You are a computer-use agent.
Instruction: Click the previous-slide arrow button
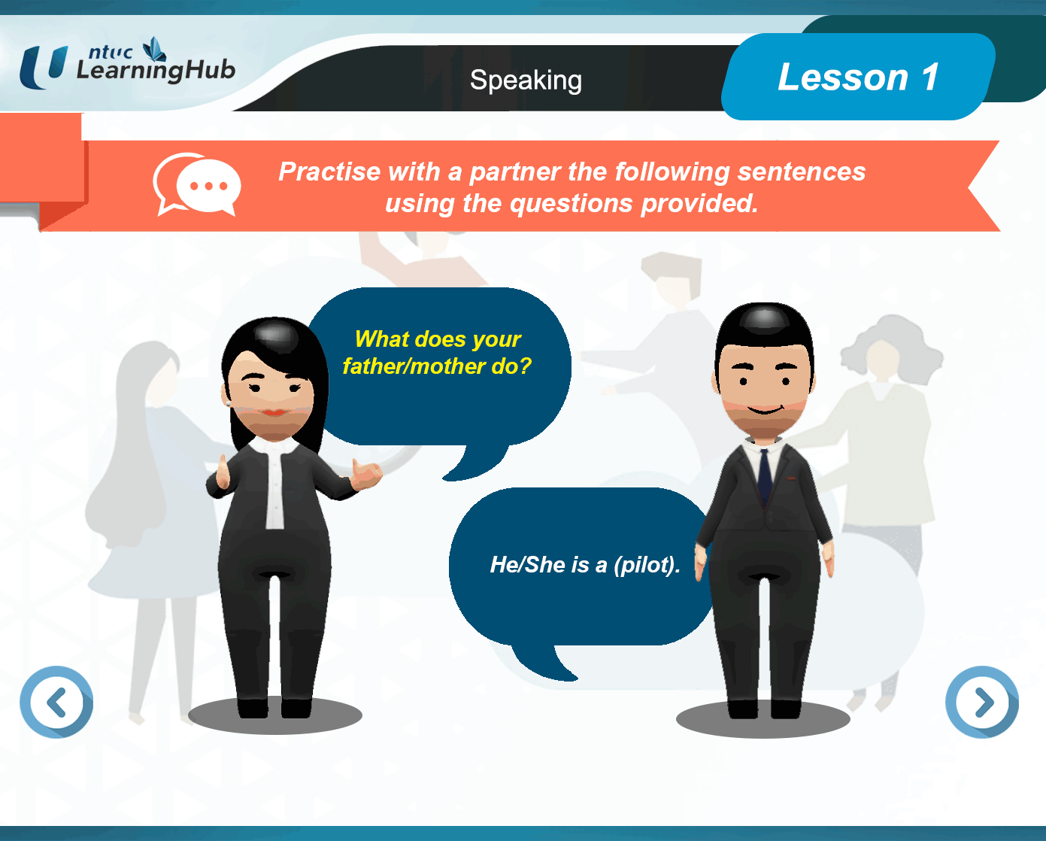[x=56, y=702]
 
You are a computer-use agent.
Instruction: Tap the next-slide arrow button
[x=982, y=702]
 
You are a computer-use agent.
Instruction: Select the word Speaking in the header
[x=526, y=80]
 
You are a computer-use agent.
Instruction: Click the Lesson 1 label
[x=858, y=77]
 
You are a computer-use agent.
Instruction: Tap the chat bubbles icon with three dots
[x=197, y=184]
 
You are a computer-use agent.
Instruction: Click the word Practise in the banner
[x=329, y=172]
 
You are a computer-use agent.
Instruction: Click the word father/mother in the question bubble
[x=414, y=366]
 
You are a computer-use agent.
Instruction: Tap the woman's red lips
[x=274, y=412]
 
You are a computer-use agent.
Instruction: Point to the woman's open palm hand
[x=366, y=473]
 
